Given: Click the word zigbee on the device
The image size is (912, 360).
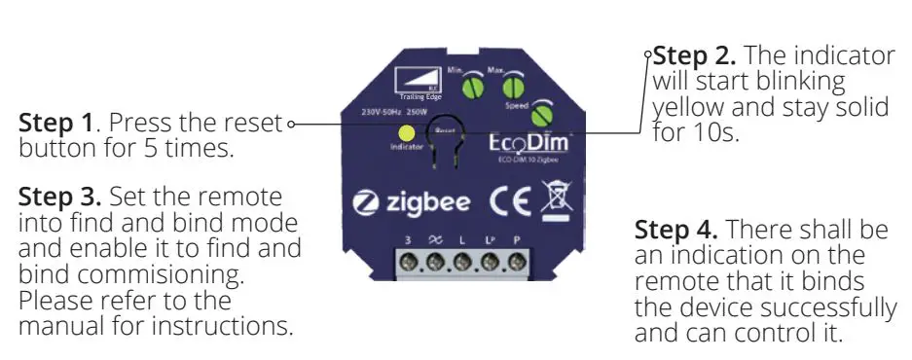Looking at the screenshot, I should (x=427, y=204).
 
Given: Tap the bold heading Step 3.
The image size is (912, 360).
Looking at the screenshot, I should (x=59, y=197).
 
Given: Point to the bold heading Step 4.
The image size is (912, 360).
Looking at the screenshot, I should (x=677, y=232).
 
